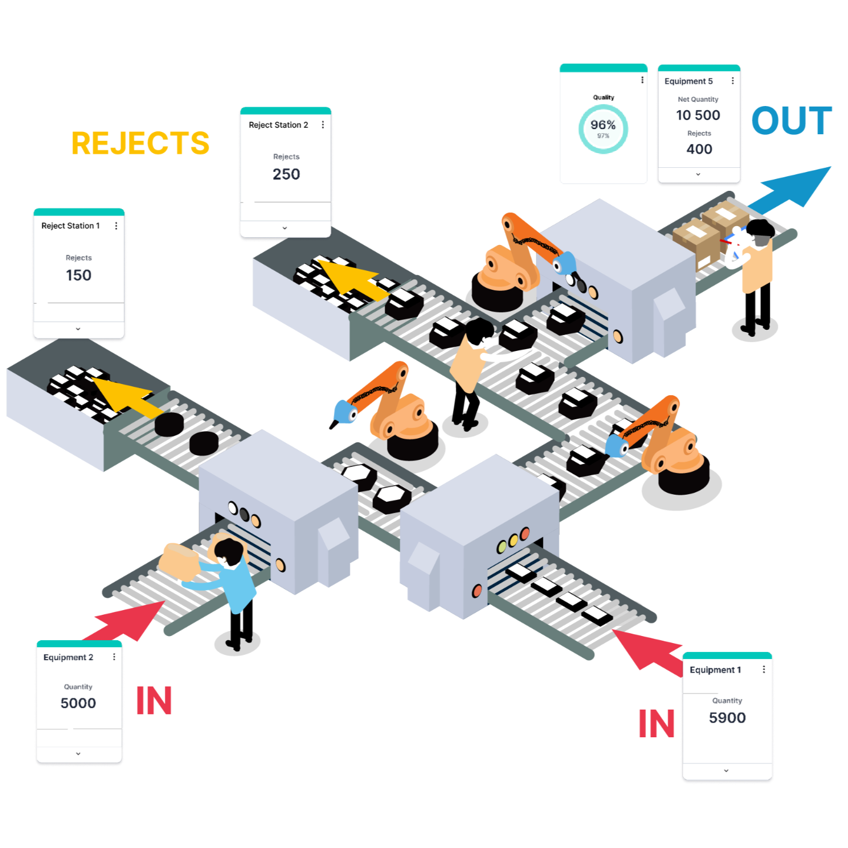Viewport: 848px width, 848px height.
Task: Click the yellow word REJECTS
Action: coord(140,143)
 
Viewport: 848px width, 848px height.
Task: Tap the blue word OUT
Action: coord(791,121)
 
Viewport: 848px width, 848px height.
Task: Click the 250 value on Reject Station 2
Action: coord(286,174)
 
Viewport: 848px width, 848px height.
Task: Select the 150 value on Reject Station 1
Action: coord(78,275)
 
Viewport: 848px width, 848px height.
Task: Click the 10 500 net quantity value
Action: coord(698,115)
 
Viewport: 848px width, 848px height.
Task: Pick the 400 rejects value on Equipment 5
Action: coord(699,150)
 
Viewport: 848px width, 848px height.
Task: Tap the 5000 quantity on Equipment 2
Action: coord(78,703)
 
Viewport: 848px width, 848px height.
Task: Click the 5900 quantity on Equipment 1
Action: coord(727,718)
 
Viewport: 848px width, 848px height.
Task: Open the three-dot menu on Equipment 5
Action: coord(733,81)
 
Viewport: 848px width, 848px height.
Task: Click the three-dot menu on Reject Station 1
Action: coord(116,226)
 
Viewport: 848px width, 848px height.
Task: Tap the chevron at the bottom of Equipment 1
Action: coord(726,770)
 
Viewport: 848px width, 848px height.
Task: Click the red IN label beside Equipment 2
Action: coord(154,701)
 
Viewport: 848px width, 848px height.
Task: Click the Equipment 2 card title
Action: coord(68,657)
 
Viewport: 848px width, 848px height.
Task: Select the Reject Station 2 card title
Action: coord(279,125)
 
